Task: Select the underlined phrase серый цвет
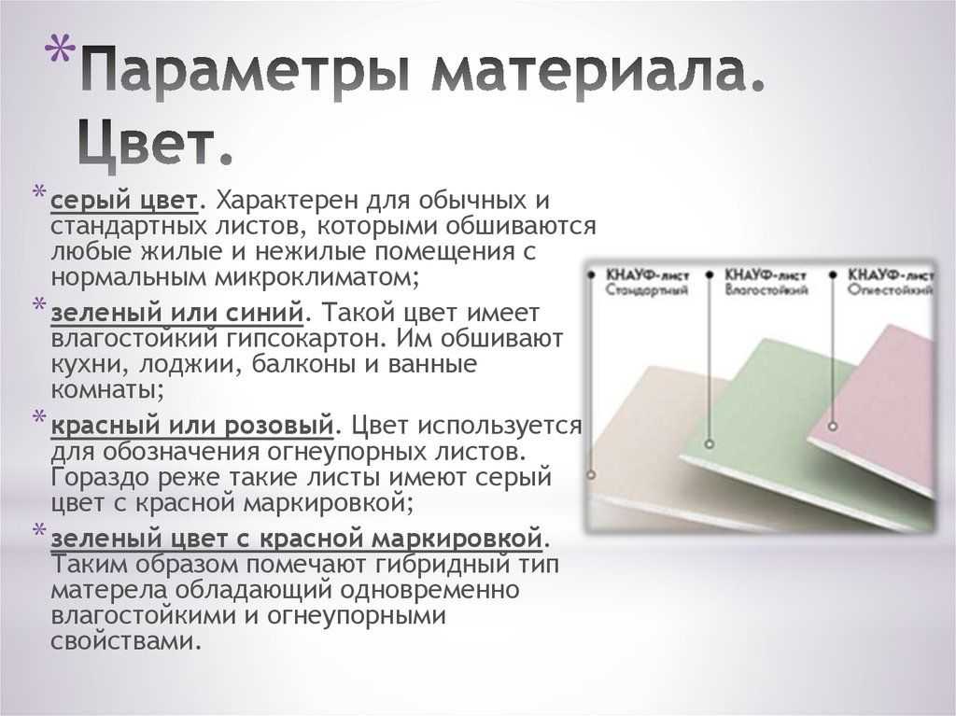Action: pos(124,201)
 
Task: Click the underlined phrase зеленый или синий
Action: pos(176,313)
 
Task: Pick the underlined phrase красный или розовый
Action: pos(192,426)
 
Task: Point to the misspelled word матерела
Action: pos(109,590)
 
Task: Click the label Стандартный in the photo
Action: pos(647,289)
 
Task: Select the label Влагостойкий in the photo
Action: pos(766,289)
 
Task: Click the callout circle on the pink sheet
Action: pos(833,427)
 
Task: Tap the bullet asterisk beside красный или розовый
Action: pos(39,418)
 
